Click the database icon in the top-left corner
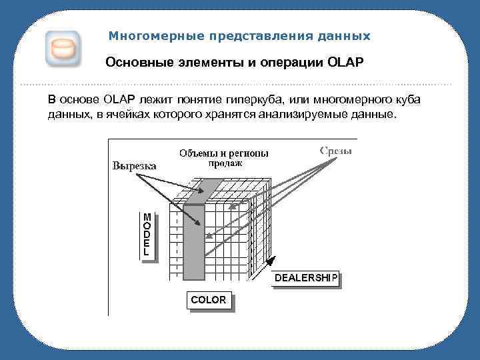(x=63, y=49)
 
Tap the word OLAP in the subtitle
(x=345, y=63)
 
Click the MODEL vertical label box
(x=147, y=235)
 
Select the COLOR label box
(x=208, y=300)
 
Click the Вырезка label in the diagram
(x=134, y=166)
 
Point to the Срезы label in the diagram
(x=335, y=151)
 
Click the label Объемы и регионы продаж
(x=224, y=157)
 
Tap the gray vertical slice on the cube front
(x=194, y=240)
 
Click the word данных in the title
(x=345, y=35)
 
